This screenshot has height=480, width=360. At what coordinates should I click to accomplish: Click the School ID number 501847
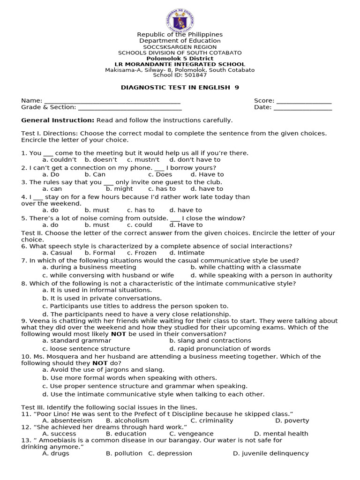[196, 75]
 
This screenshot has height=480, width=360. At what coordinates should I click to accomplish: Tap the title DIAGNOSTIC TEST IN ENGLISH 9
[180, 88]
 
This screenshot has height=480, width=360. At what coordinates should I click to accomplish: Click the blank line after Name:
[112, 101]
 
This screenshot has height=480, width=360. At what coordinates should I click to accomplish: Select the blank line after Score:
[304, 101]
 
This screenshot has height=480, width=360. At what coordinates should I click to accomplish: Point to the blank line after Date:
[303, 107]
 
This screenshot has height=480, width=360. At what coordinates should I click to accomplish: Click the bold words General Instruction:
[58, 120]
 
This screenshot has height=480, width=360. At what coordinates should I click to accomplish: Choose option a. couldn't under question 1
[60, 160]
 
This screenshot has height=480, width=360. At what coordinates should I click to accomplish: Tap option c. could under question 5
[139, 225]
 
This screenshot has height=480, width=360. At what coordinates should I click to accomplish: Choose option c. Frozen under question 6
[142, 253]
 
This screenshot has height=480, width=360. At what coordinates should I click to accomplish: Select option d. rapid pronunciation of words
[220, 349]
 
